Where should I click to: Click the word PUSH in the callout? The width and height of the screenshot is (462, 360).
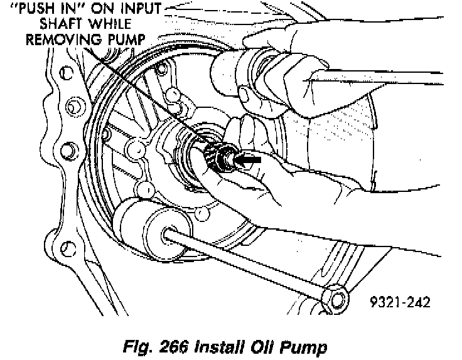coord(34,9)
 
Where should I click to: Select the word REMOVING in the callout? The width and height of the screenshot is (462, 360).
coord(63,40)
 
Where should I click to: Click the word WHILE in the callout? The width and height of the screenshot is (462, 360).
coord(110,24)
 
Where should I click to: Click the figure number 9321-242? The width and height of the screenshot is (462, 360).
coord(400,302)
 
